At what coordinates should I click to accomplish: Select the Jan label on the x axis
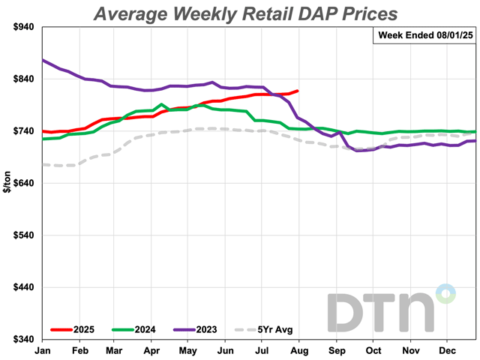(x=42, y=350)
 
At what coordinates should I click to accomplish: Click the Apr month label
(x=152, y=350)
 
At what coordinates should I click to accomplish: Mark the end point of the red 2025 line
(x=298, y=91)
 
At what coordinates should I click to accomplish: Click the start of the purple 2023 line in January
(x=43, y=60)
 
